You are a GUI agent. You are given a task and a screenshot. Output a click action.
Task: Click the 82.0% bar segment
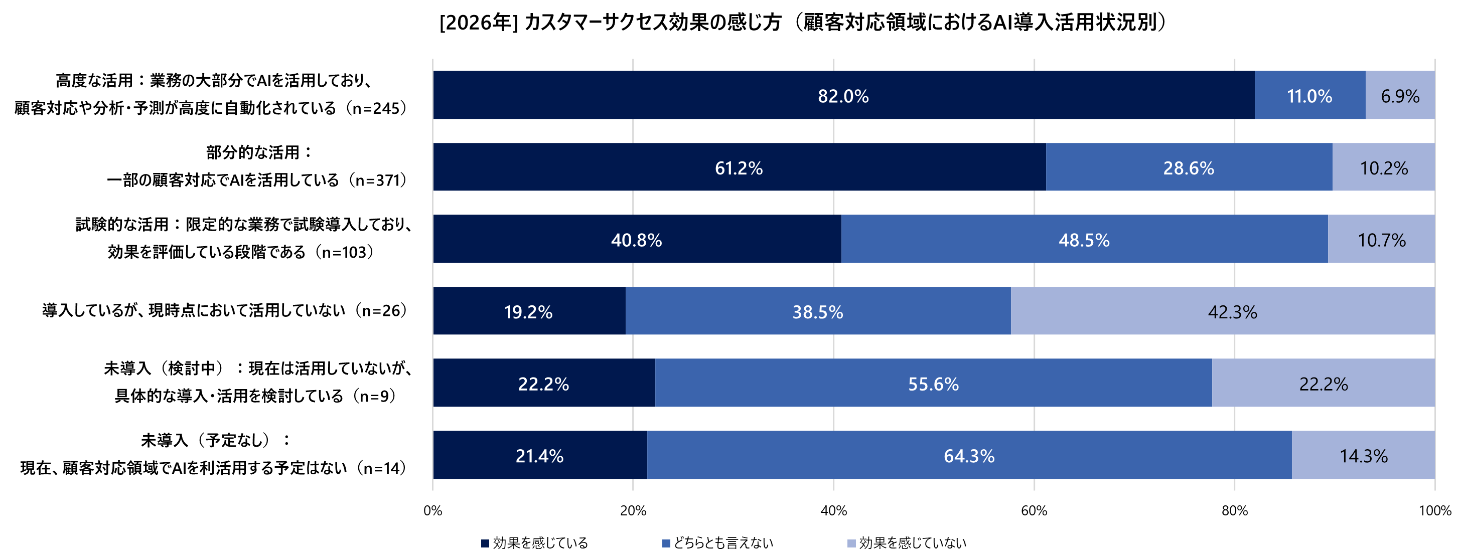843,95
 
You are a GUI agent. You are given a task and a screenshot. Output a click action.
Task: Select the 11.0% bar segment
1309,95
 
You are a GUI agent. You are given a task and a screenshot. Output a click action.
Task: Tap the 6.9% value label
1400,96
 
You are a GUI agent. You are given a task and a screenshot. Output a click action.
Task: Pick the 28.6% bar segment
1188,167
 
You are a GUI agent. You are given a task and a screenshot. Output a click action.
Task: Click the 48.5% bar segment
1084,239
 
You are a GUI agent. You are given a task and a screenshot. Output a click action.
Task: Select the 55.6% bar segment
933,383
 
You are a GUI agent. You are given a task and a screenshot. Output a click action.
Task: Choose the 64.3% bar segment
968,455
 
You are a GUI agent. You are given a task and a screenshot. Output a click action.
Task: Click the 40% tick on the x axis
833,511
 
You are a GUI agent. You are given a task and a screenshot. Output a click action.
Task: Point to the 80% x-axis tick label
1234,511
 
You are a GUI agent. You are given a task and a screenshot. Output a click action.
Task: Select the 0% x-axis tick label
433,511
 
